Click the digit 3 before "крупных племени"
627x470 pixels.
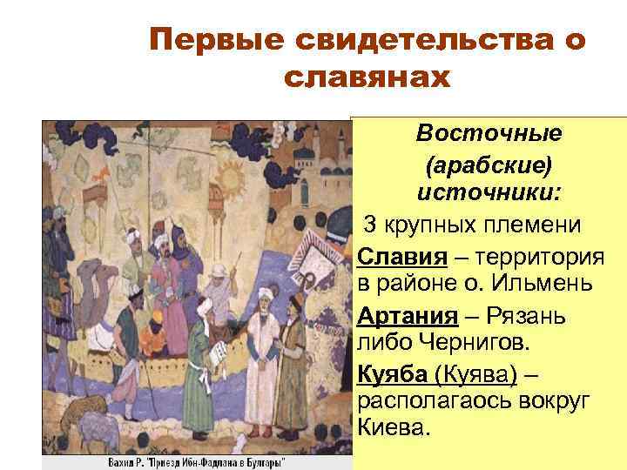[370, 224]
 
